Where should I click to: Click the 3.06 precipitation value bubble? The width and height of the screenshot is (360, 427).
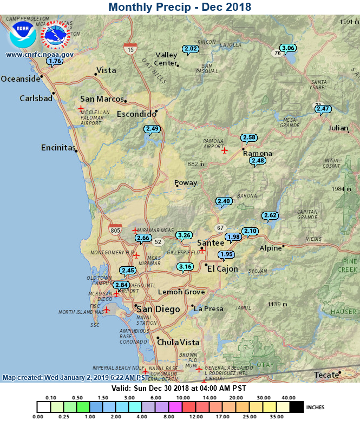(x=288, y=48)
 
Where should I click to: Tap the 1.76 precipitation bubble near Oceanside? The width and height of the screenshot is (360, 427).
(x=55, y=61)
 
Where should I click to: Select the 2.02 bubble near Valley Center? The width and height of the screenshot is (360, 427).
(x=191, y=49)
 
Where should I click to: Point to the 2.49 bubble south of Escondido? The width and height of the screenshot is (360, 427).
(x=152, y=129)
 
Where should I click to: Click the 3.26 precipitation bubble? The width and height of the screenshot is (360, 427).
(x=185, y=235)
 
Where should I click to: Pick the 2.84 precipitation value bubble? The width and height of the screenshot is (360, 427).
(x=121, y=285)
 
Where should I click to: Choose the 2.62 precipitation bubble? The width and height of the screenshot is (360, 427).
(x=270, y=215)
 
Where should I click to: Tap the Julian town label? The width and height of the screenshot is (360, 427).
(x=338, y=128)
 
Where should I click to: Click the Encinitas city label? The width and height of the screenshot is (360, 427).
(x=58, y=148)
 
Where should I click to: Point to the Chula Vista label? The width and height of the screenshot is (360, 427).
(x=178, y=342)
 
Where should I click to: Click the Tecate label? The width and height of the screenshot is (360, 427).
(x=326, y=376)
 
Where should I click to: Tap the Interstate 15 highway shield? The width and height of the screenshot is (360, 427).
(x=130, y=49)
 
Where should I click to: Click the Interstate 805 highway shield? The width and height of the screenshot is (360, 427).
(x=115, y=230)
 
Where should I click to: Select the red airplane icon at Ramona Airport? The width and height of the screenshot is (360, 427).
(x=225, y=150)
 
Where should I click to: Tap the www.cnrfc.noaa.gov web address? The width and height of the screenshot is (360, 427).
(x=40, y=54)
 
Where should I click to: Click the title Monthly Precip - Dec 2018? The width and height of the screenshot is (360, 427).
(x=180, y=7)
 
